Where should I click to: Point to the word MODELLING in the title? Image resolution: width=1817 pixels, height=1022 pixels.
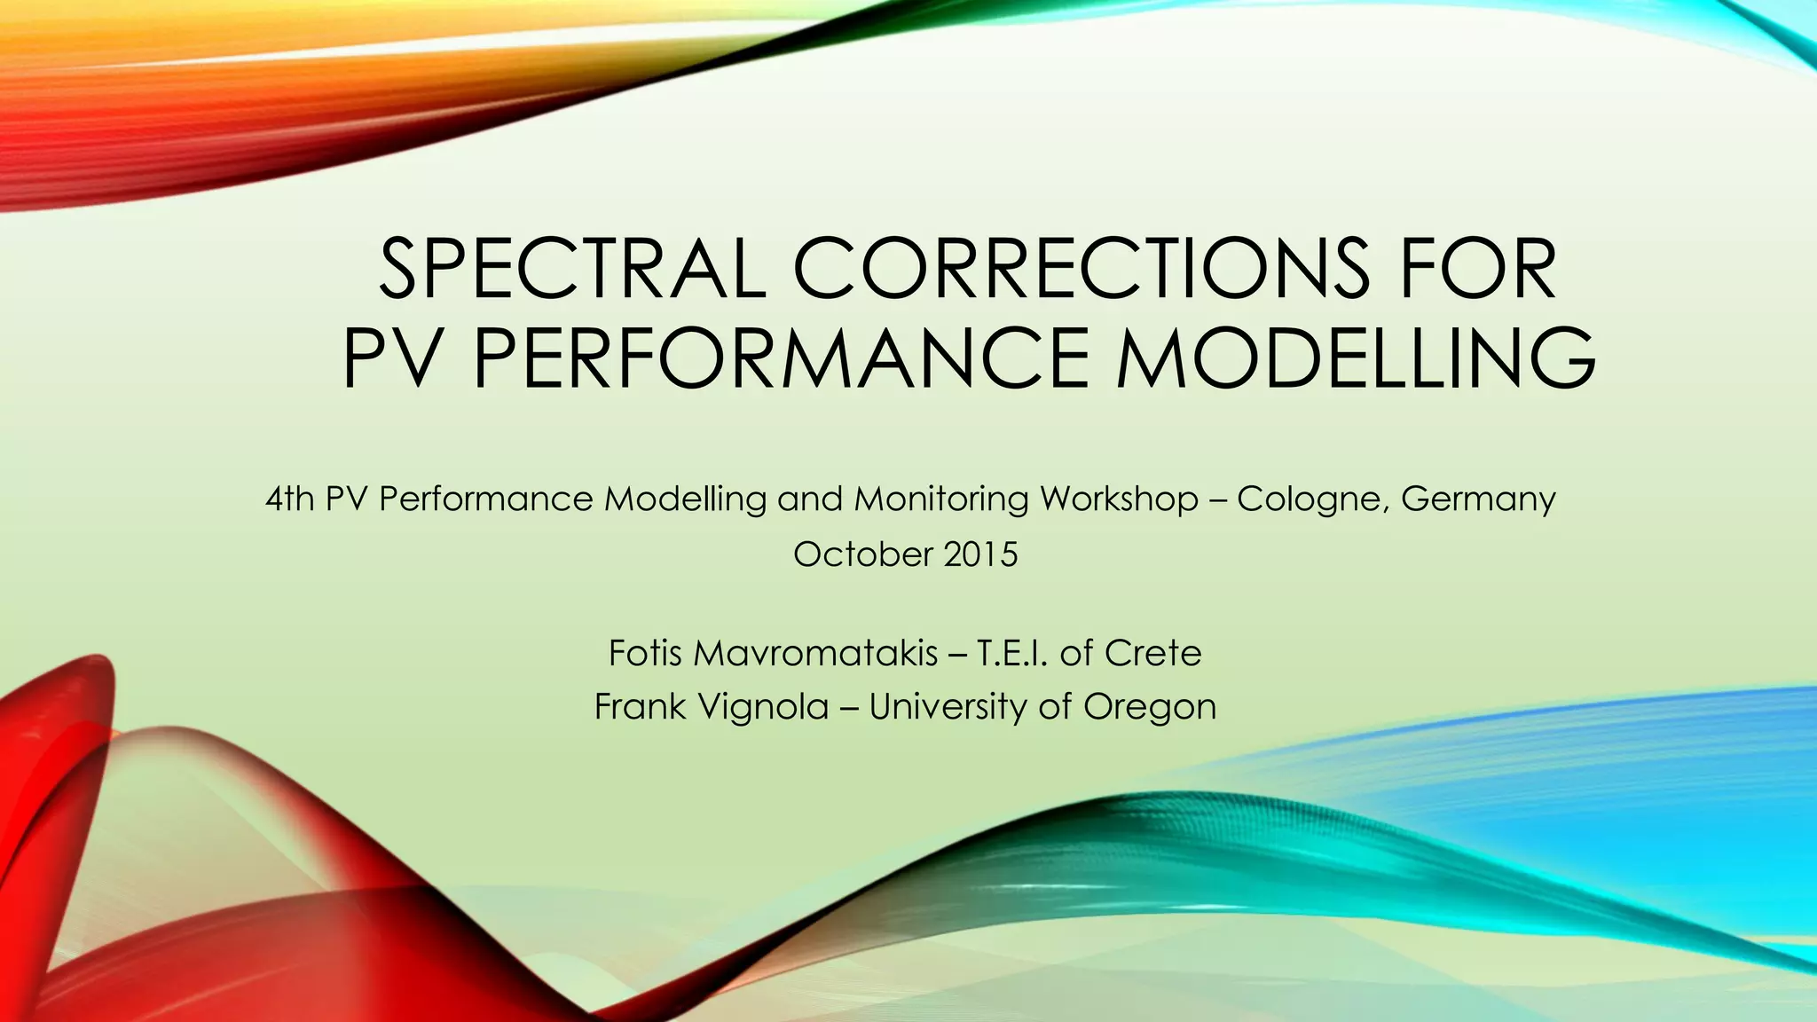click(1356, 358)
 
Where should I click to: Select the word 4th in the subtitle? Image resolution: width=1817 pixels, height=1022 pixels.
click(290, 499)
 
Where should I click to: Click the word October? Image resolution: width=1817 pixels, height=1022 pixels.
click(861, 555)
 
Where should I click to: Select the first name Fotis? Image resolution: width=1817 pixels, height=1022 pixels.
click(644, 654)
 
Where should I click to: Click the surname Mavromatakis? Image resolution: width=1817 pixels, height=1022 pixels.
click(814, 654)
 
